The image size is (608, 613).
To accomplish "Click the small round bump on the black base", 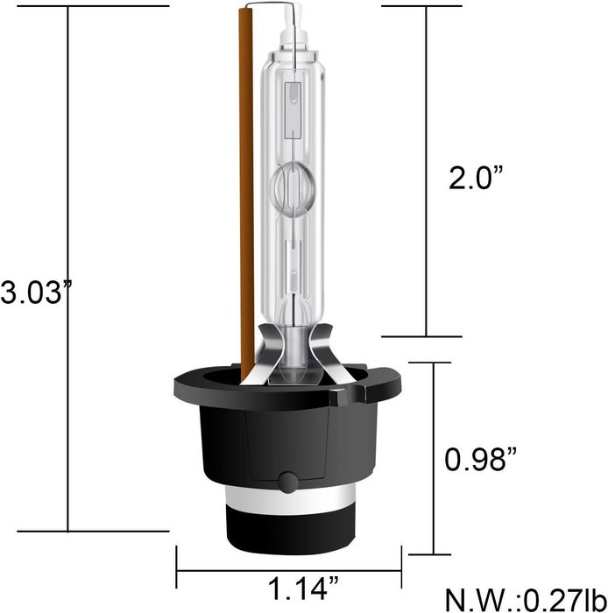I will [x=288, y=483].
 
